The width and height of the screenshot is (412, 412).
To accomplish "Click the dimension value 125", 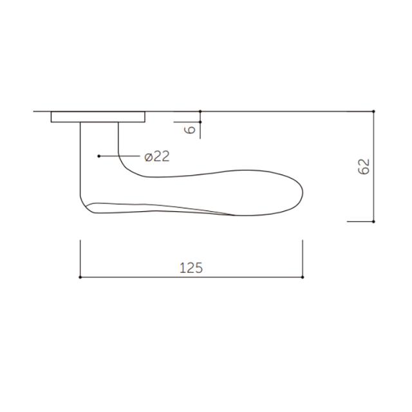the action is [x=191, y=268].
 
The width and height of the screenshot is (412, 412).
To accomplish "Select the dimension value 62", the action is [x=364, y=167].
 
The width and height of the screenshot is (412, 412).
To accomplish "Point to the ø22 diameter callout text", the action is [x=157, y=156].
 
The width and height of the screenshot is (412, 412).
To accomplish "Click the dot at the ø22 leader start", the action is [x=98, y=156].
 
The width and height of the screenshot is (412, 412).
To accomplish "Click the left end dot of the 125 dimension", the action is [x=80, y=277].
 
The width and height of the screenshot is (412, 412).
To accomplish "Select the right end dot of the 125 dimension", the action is [x=303, y=277].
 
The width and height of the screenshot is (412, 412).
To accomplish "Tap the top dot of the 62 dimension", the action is [x=373, y=111].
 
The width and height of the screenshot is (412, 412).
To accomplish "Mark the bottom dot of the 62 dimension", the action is [x=373, y=221].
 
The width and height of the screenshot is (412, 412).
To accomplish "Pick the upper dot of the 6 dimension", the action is [x=200, y=111].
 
